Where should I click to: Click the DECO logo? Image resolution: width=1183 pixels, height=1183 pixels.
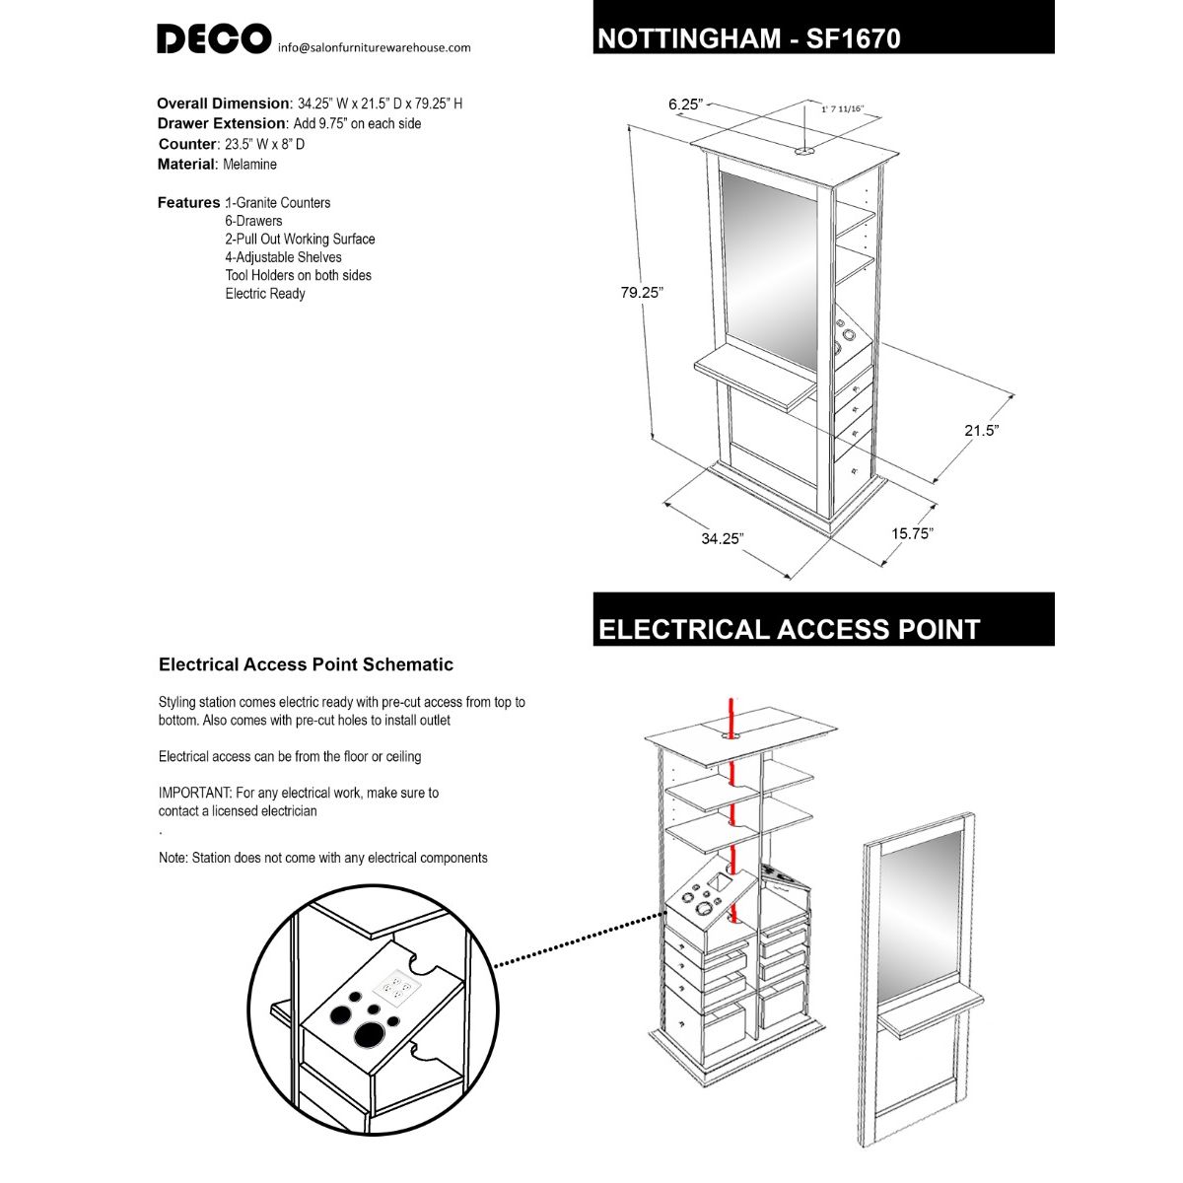[x=213, y=39]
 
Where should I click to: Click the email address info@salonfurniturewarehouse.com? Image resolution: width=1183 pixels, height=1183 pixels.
[x=374, y=47]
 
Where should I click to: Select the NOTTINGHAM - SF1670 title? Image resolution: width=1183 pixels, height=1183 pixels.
[x=748, y=38]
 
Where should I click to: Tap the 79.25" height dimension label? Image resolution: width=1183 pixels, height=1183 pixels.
[x=642, y=293]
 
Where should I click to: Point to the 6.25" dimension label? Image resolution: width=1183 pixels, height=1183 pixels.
[x=685, y=104]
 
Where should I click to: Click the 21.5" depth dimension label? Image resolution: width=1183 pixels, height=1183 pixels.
[x=981, y=431]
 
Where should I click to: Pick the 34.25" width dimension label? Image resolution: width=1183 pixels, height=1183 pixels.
[x=722, y=538]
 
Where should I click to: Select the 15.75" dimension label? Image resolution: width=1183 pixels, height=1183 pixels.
[x=912, y=533]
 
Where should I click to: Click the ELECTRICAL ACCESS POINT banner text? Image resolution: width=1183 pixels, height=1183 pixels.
[x=789, y=630]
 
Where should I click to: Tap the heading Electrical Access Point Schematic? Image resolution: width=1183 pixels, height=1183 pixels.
[x=306, y=664]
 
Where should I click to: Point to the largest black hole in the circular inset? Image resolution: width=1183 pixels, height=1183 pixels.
[x=370, y=1034]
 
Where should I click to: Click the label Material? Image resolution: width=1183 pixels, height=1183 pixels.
[x=185, y=165]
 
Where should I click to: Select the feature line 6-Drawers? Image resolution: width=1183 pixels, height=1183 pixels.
[x=253, y=221]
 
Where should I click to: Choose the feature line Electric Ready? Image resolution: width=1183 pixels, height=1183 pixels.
[x=265, y=294]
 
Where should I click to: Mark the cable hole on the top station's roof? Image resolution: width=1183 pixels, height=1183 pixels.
[x=804, y=152]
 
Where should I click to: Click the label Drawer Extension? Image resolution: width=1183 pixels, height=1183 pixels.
[x=221, y=124]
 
